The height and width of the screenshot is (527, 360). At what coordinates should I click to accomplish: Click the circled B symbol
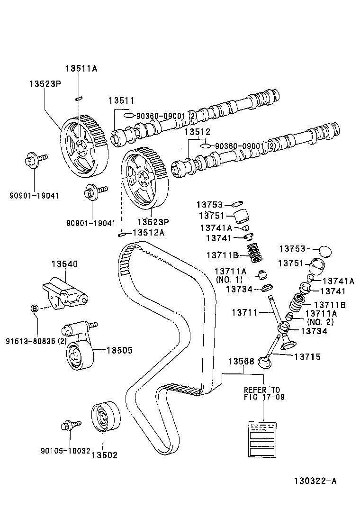point(34,309)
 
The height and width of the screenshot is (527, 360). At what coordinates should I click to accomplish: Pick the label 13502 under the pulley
point(104,455)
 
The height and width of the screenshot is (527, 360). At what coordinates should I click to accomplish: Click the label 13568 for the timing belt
point(241,361)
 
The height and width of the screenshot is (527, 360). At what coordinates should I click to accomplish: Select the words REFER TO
point(262,390)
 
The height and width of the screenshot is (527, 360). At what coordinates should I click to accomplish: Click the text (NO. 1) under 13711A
point(229,280)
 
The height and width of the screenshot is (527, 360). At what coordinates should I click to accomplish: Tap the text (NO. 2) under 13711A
point(320,322)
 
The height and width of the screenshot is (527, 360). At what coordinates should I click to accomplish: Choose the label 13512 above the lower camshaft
point(197,132)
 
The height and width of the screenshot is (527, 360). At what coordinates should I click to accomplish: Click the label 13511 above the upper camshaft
point(121,100)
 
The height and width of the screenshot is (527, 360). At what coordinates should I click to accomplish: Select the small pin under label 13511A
point(79,99)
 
